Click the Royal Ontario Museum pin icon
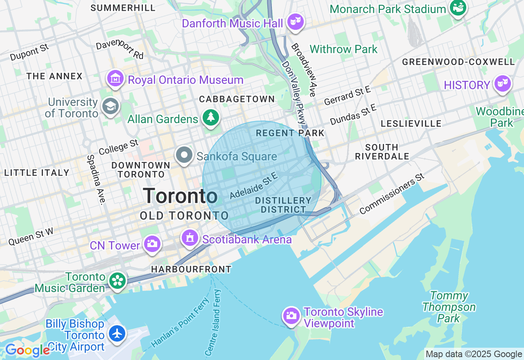[116, 79]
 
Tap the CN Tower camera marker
[152, 244]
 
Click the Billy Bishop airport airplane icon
[117, 333]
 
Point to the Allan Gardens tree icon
[211, 118]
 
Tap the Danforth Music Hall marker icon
[295, 21]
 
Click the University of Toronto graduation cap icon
[110, 106]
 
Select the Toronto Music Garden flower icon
[118, 281]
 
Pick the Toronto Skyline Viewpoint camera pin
[291, 315]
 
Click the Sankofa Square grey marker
[184, 155]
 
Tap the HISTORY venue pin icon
[502, 84]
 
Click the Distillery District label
[283, 205]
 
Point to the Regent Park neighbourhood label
[290, 133]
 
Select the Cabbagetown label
[237, 99]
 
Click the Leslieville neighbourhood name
[411, 124]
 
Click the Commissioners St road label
[392, 193]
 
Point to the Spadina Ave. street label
[95, 179]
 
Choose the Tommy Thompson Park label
[449, 307]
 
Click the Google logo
[27, 351]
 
